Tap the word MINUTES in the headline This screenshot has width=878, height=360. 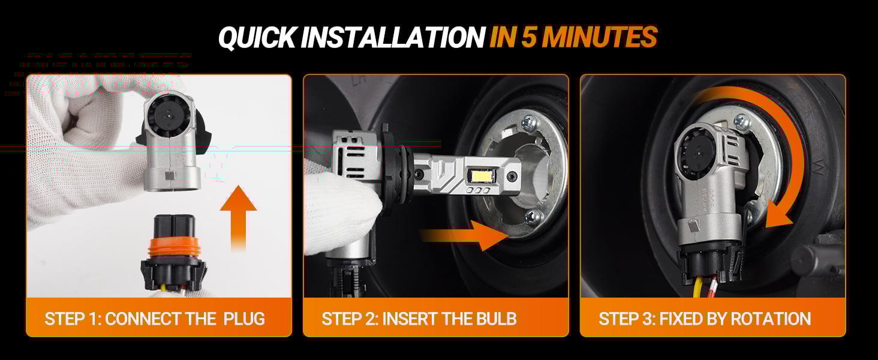(x=600, y=38)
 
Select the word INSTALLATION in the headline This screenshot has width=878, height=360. (x=393, y=38)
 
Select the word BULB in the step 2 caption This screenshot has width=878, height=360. (x=495, y=318)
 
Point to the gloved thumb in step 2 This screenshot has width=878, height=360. (x=354, y=204)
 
